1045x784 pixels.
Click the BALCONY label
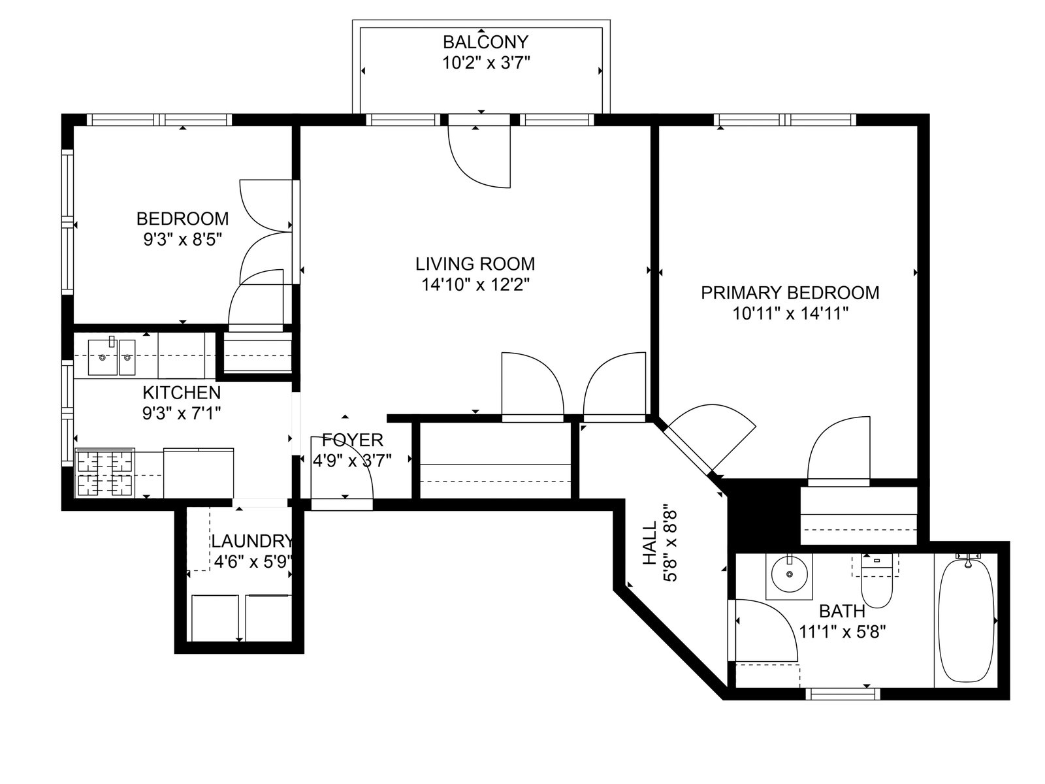[486, 42]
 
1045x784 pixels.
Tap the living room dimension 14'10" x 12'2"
[475, 285]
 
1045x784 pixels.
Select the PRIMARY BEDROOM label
[790, 293]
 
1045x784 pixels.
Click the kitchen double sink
[112, 357]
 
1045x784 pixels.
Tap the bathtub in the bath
[967, 621]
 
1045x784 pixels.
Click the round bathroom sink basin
[790, 574]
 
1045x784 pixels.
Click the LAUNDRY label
[252, 541]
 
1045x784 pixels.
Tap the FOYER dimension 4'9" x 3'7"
[352, 461]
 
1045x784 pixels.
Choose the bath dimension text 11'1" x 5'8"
[842, 632]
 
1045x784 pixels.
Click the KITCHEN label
[182, 393]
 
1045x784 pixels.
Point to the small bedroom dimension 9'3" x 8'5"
[183, 239]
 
